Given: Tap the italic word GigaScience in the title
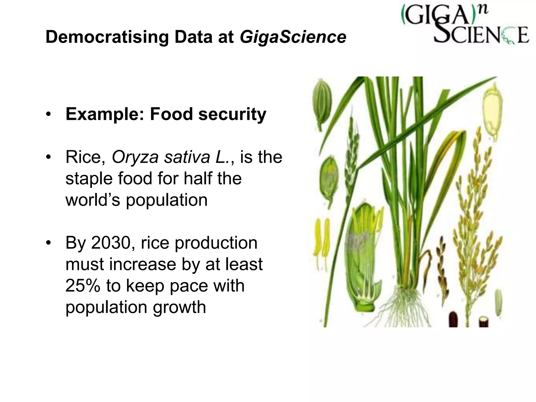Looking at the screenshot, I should click(293, 37).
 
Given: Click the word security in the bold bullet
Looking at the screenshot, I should click(232, 114).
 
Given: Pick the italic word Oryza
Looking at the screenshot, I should click(135, 157).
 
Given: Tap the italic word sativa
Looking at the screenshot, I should click(187, 157).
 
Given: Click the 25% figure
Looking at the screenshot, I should click(83, 286).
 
